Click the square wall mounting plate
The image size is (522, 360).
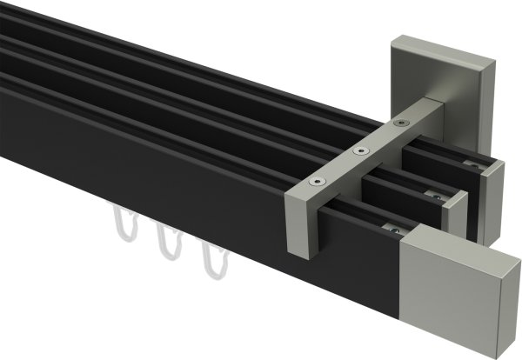[x=416, y=75]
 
